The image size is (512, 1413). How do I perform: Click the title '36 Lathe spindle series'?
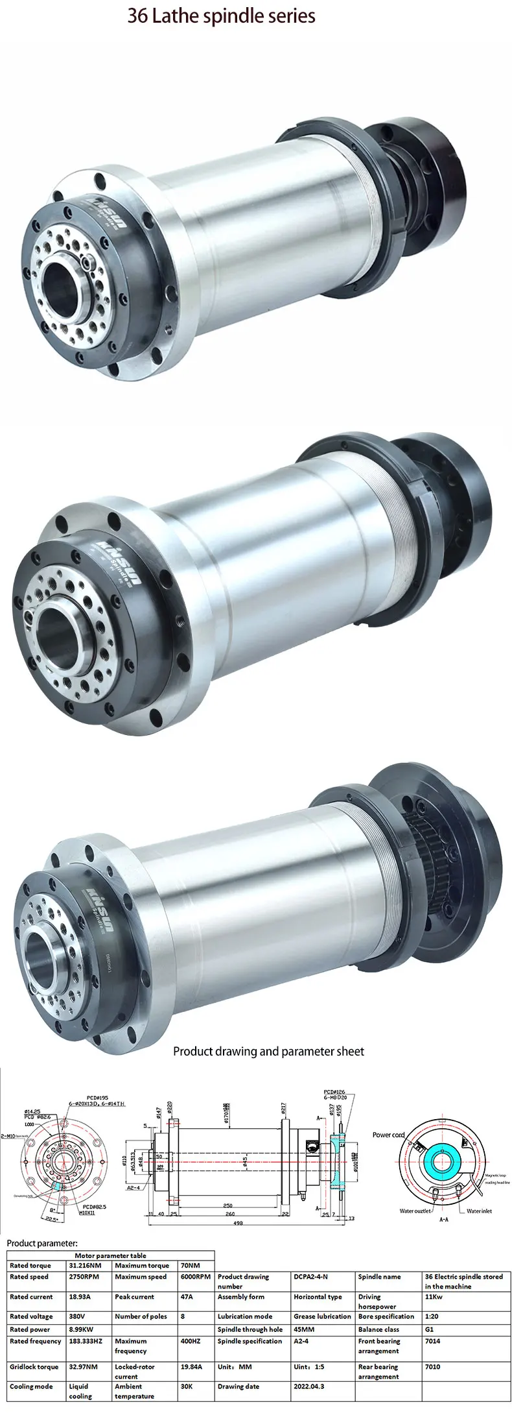(x=221, y=16)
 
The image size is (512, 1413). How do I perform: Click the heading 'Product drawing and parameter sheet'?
(x=268, y=1052)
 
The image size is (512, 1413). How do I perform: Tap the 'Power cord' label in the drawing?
(x=388, y=1135)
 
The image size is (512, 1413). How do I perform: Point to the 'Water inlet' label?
(x=480, y=1211)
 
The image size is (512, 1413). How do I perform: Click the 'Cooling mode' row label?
(x=31, y=1386)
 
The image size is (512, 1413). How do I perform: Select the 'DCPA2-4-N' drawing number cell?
(x=311, y=1277)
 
